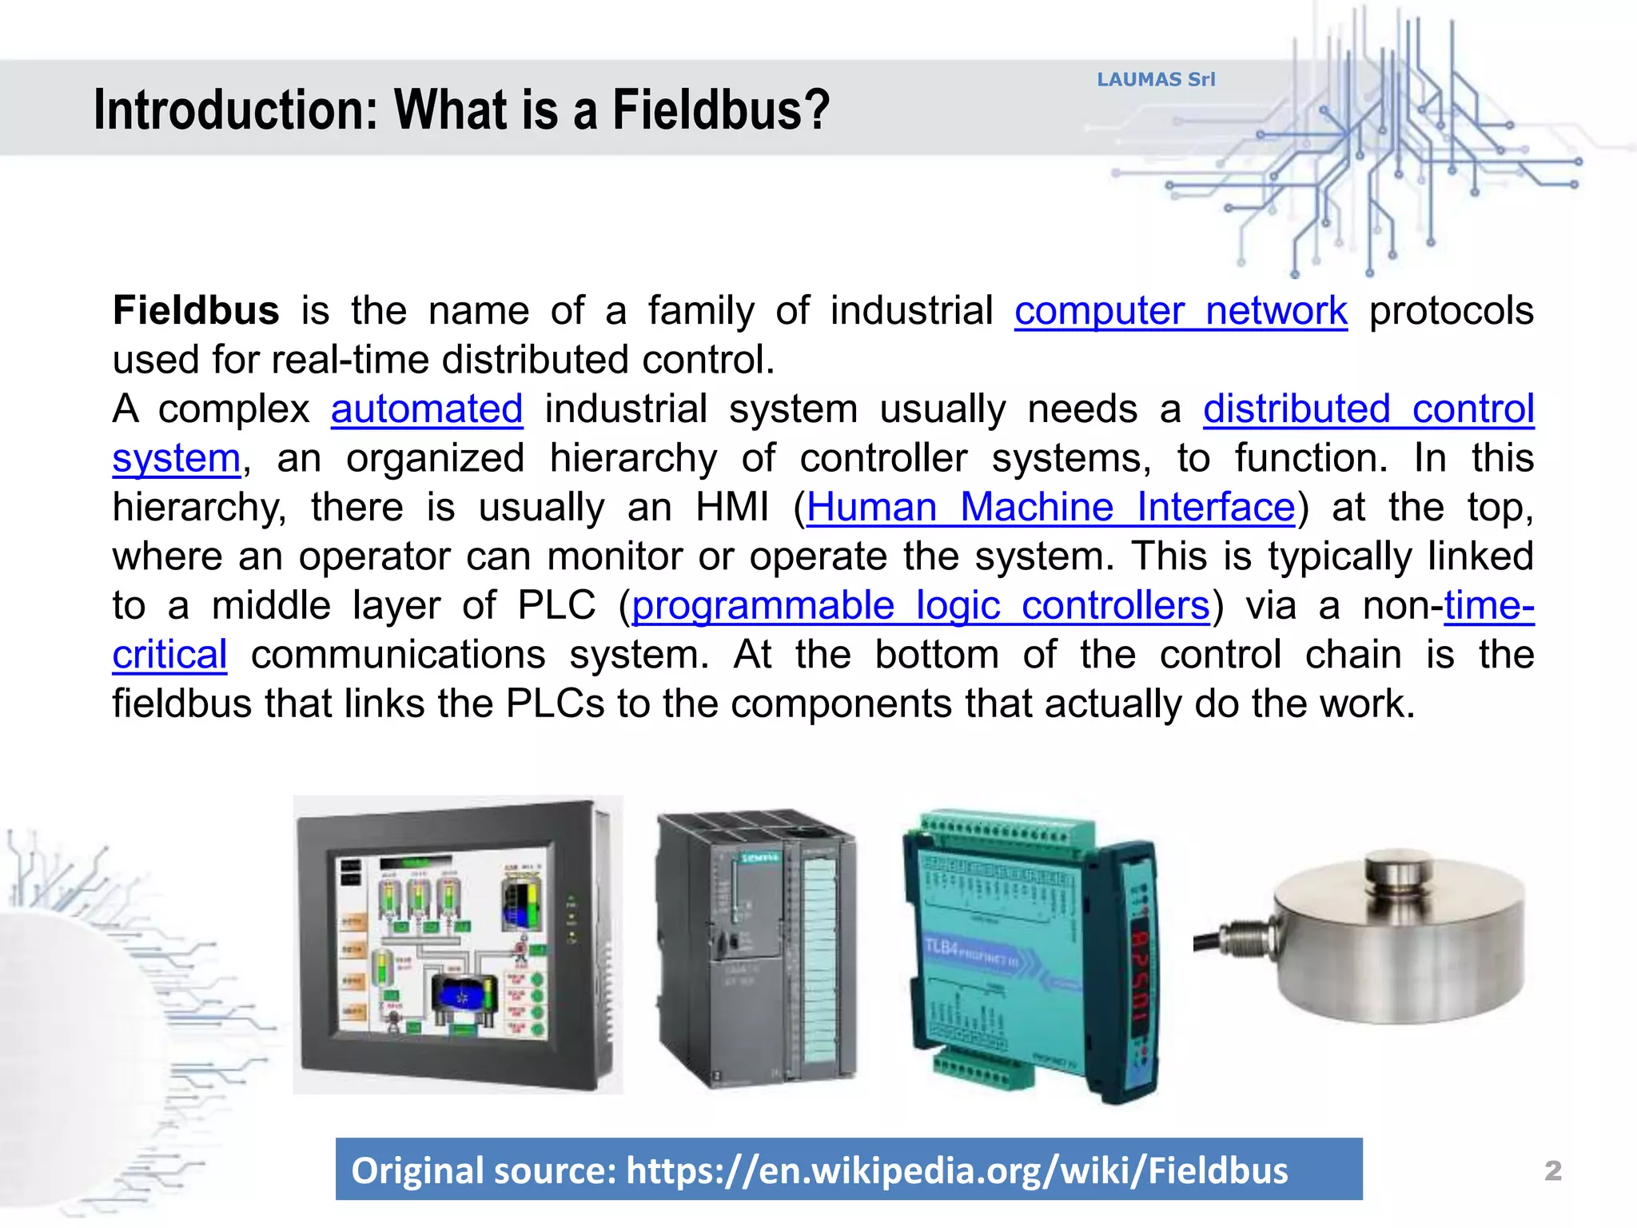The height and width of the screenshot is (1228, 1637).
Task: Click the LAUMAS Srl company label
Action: point(1155,79)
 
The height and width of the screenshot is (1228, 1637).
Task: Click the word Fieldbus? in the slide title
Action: point(721,110)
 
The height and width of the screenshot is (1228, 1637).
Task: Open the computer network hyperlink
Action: point(1181,310)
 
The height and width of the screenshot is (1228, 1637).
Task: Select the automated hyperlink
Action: point(427,409)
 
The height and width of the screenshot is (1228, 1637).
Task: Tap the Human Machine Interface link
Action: point(1050,508)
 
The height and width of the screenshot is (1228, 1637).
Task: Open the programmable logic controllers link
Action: point(920,606)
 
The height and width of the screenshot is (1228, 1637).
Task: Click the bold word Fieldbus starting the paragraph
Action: point(196,310)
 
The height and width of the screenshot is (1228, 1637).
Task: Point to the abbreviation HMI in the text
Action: point(731,508)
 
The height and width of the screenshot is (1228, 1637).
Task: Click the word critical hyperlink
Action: point(169,656)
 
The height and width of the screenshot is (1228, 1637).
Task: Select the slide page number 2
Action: point(1552,1170)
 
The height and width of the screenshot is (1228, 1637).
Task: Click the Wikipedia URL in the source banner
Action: point(957,1170)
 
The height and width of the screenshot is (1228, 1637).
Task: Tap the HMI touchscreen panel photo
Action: point(457,945)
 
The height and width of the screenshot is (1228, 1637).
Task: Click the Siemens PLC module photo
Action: point(755,949)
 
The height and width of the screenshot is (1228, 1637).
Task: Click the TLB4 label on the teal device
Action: point(941,948)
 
